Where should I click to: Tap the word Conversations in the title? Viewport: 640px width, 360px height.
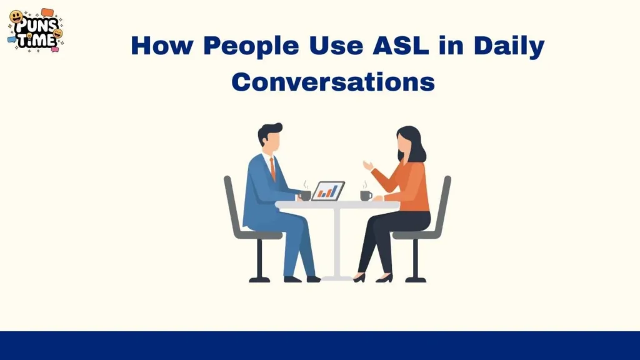333,82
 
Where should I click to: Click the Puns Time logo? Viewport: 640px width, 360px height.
36,30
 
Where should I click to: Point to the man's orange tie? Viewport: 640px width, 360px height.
272,167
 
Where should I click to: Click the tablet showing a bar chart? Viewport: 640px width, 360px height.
328,191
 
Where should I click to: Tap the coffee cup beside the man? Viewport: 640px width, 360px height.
305,195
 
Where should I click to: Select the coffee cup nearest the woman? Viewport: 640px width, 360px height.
366,195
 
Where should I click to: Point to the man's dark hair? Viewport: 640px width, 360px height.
271,131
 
